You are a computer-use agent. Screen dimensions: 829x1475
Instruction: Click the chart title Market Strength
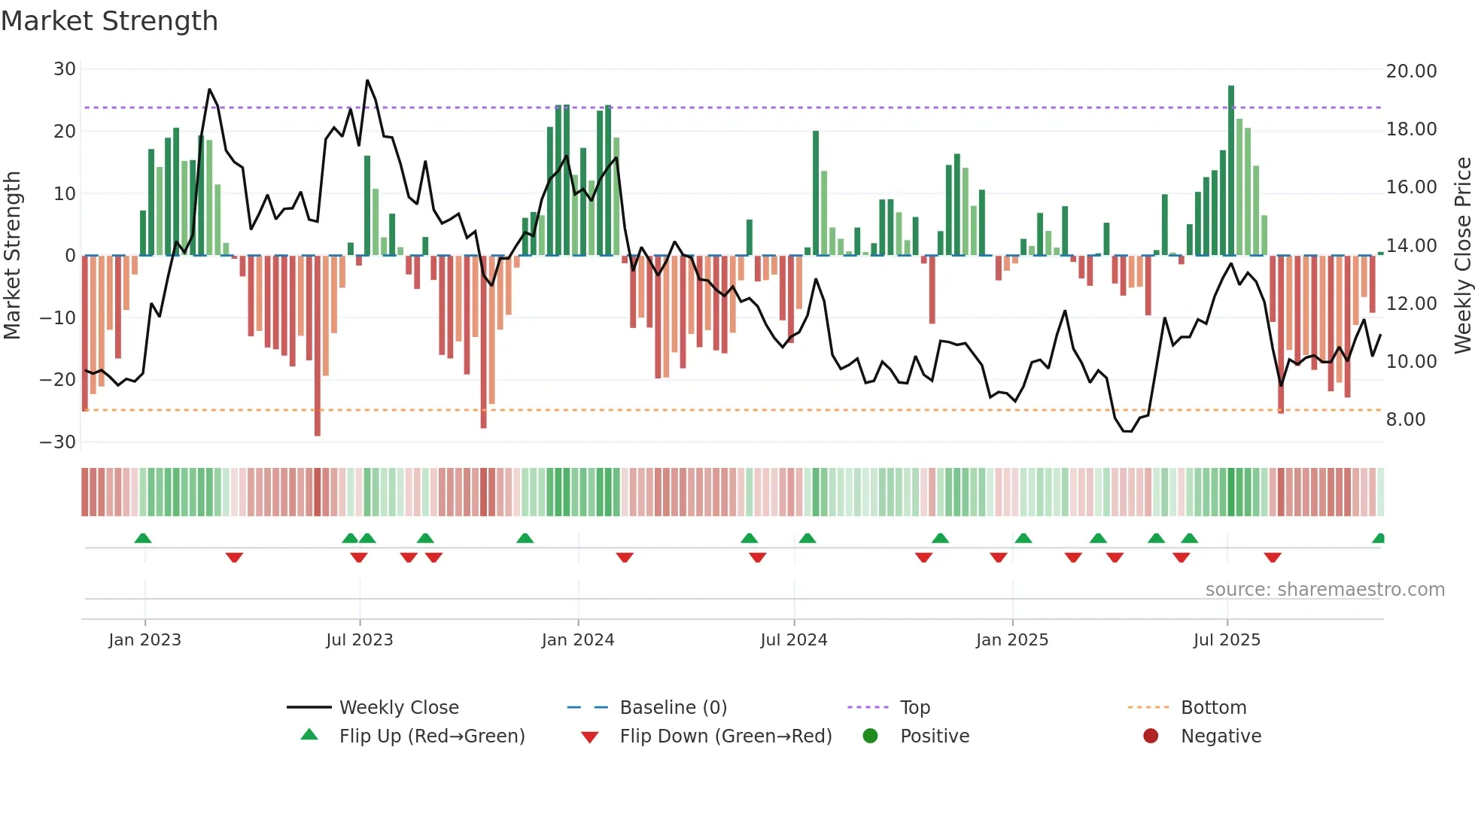pyautogui.click(x=109, y=21)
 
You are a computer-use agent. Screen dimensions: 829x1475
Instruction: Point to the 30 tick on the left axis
pyautogui.click(x=65, y=69)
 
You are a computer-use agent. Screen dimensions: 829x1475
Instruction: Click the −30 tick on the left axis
pyautogui.click(x=58, y=442)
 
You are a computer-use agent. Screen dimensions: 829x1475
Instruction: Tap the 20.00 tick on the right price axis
pyautogui.click(x=1411, y=71)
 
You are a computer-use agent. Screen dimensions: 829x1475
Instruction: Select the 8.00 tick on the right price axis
pyautogui.click(x=1405, y=420)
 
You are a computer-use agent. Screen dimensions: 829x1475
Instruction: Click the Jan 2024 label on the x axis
pyautogui.click(x=577, y=640)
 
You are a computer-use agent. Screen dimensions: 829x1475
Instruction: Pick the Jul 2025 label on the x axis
pyautogui.click(x=1226, y=640)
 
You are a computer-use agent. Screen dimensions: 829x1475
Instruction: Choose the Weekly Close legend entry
pyautogui.click(x=398, y=708)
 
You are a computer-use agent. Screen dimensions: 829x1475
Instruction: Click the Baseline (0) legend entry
pyautogui.click(x=673, y=708)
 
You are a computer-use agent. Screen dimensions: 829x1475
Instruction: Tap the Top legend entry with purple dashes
pyautogui.click(x=914, y=708)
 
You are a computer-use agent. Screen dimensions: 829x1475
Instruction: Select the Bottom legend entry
pyautogui.click(x=1213, y=708)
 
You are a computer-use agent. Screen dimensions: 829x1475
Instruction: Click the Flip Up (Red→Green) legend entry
pyautogui.click(x=431, y=736)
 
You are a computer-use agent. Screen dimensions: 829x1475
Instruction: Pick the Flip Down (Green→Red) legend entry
pyautogui.click(x=725, y=736)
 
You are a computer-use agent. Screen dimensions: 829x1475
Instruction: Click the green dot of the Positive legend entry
pyautogui.click(x=870, y=736)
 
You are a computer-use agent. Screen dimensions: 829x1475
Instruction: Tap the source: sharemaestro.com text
pyautogui.click(x=1324, y=590)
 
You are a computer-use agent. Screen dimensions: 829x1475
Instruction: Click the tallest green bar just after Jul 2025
pyautogui.click(x=1231, y=170)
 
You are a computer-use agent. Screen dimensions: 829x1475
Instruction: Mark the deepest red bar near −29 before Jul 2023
pyautogui.click(x=318, y=346)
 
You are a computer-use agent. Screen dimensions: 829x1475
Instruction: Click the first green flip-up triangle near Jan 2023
pyautogui.click(x=143, y=538)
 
